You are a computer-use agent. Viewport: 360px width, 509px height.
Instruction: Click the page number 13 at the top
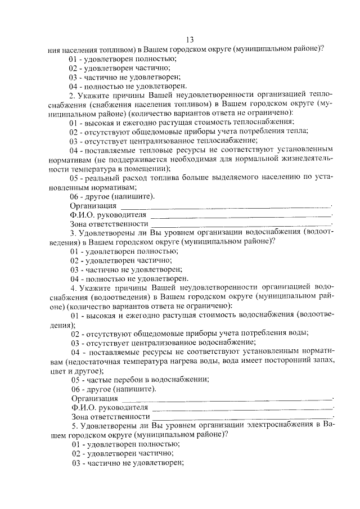(x=189, y=39)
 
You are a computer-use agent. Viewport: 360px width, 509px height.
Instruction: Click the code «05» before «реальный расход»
(x=74, y=178)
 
